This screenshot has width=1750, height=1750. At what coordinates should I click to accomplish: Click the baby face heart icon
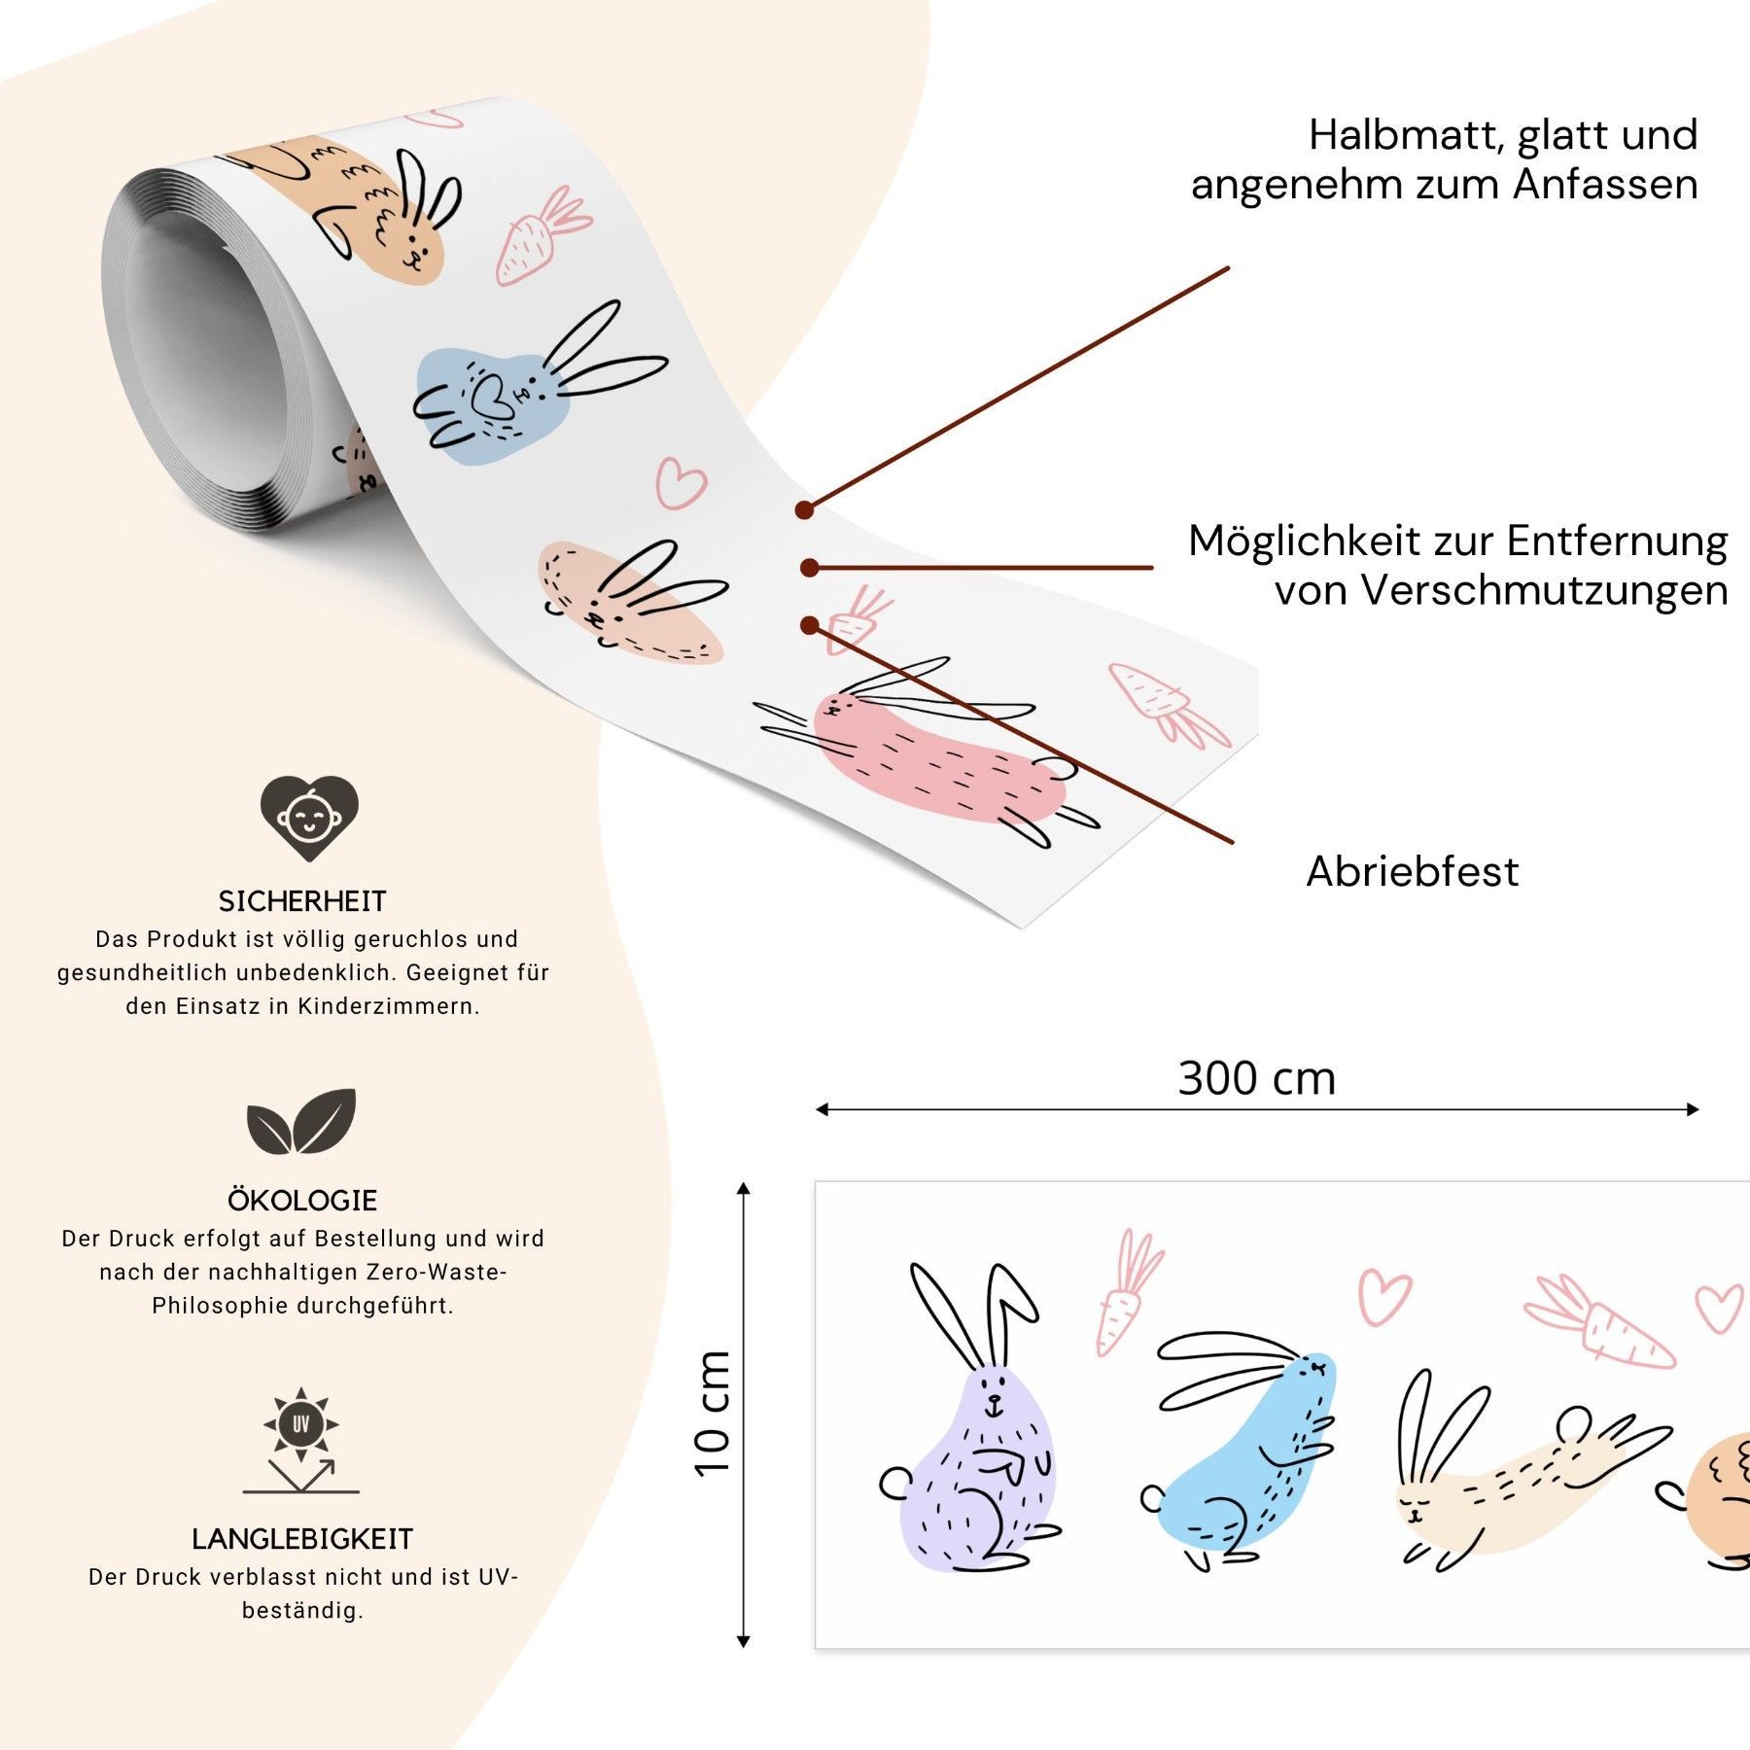point(309,817)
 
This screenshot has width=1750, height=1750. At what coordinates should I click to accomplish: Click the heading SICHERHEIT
point(302,901)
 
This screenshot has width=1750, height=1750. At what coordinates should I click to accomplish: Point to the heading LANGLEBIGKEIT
point(302,1539)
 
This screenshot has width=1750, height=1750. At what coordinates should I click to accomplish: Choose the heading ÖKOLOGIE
point(302,1200)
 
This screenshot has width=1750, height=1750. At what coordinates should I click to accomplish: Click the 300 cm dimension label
point(1257,1078)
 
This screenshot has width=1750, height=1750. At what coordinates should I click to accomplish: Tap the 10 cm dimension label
point(713,1414)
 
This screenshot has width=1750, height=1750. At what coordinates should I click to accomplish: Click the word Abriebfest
point(1413,871)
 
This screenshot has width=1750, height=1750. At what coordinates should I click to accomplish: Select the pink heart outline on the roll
point(681,482)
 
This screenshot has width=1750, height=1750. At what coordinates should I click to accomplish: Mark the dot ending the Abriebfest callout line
point(809,625)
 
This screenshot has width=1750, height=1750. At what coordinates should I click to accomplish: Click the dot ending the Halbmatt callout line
point(804,509)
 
